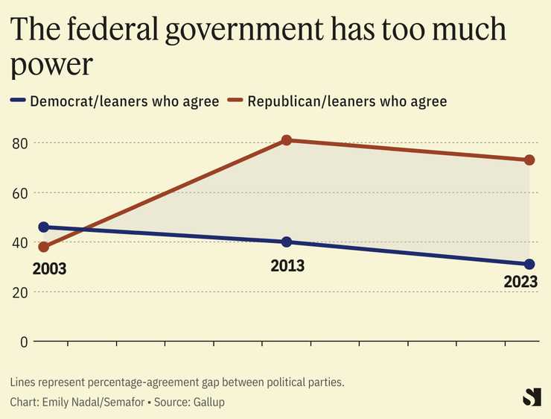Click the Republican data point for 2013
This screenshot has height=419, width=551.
point(287,140)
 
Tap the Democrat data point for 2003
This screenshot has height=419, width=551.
point(44,227)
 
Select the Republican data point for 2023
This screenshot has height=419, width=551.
point(529,160)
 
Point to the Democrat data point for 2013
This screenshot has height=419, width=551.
point(287,242)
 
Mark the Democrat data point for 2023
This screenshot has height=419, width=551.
point(529,265)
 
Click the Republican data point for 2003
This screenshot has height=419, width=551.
point(44,247)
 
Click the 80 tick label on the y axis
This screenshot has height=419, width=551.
point(19,142)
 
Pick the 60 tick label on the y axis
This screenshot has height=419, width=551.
point(19,192)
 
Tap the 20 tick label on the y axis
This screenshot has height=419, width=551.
point(19,292)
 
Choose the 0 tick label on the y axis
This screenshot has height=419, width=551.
point(24,342)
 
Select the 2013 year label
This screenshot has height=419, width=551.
point(287,265)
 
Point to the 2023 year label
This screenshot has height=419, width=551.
point(520,283)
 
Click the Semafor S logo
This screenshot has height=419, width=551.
point(532,397)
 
